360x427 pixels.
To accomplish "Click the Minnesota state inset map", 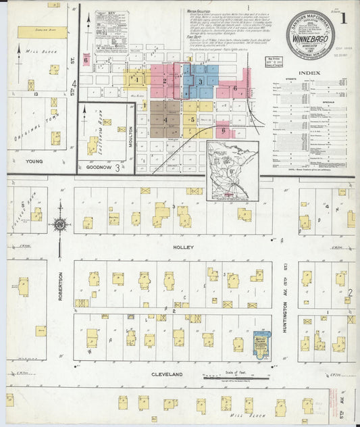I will pyautogui.click(x=233, y=172).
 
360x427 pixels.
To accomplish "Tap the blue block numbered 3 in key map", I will pyautogui.click(x=201, y=80).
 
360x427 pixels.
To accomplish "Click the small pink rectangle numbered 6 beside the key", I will pyautogui.click(x=86, y=60).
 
